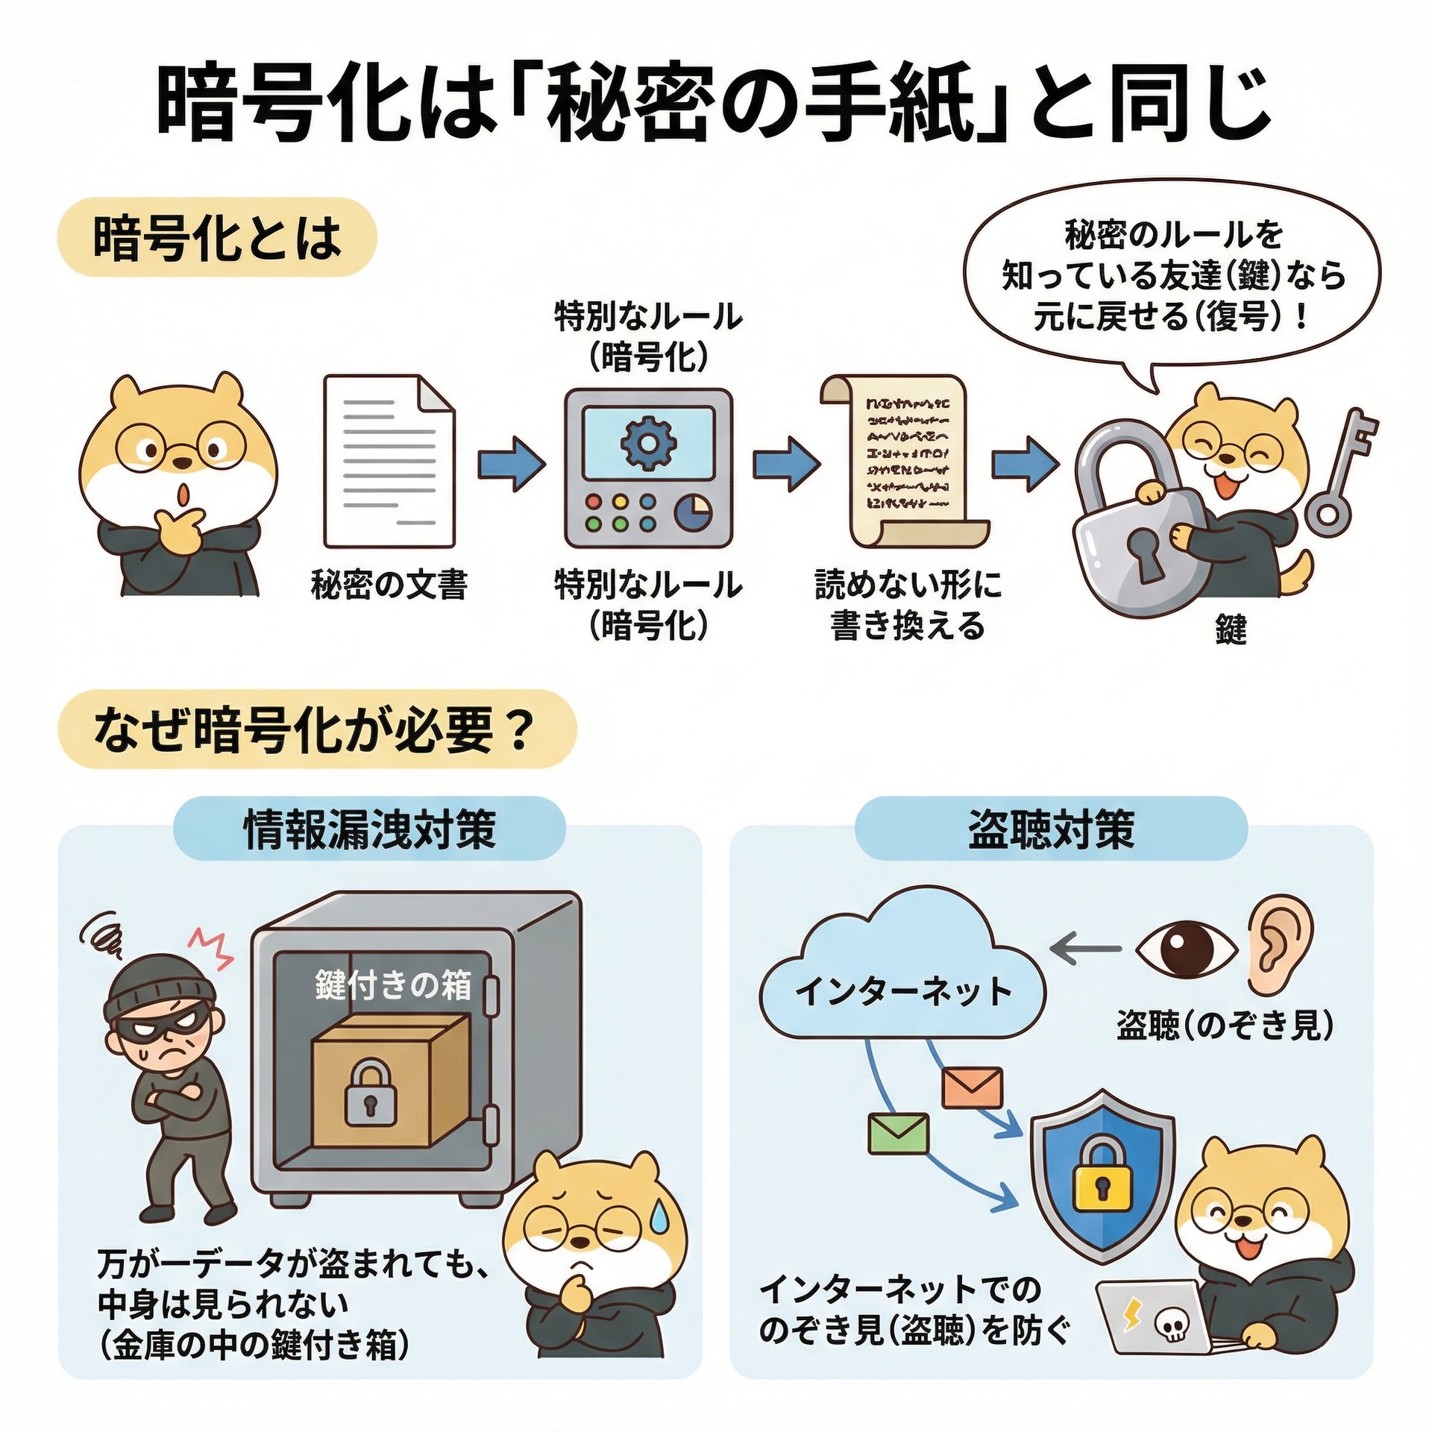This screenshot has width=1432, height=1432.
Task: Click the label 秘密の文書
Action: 389,584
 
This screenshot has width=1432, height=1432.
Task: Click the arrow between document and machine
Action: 511,463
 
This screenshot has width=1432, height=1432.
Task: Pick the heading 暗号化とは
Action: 216,238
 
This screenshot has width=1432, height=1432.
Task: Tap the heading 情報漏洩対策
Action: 370,829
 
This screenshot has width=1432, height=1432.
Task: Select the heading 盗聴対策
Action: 1051,829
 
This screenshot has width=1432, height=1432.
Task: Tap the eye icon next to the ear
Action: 1187,949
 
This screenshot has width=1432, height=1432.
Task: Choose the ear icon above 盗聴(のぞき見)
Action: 1279,944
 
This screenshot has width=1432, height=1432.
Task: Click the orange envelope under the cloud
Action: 973,1087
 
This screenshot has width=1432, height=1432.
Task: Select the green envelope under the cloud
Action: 899,1133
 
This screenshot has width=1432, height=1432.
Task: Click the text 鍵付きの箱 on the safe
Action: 393,986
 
